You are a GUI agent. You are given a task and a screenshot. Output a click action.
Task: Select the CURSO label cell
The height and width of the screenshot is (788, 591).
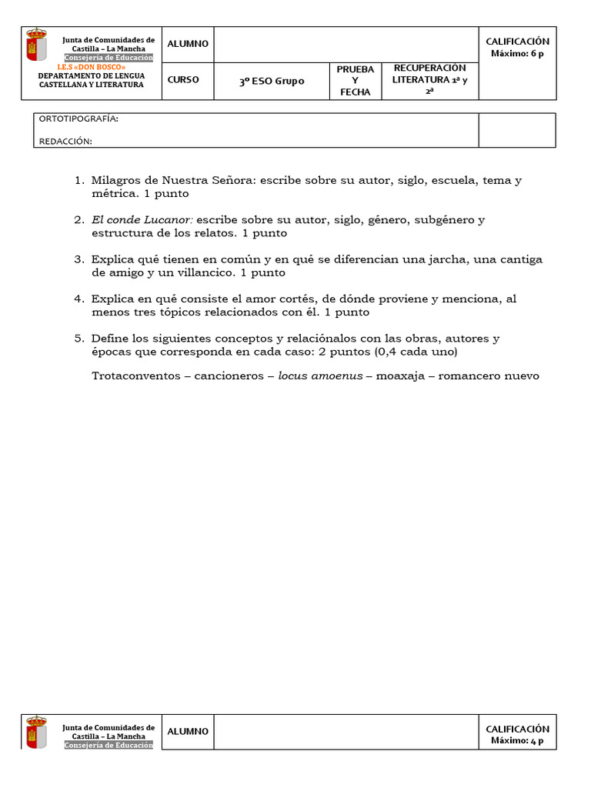[x=183, y=79]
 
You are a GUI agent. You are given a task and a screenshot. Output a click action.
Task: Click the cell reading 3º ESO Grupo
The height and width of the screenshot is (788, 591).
[x=271, y=81]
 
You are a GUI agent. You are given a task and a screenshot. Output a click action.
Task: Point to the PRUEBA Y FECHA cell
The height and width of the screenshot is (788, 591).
[x=355, y=81]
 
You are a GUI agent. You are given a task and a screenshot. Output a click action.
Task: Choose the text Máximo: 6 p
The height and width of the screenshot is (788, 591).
[x=517, y=53]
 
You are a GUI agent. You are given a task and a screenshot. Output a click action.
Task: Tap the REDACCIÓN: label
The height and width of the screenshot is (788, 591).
[x=65, y=141]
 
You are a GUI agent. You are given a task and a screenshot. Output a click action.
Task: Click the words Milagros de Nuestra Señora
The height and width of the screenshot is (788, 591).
[x=174, y=180]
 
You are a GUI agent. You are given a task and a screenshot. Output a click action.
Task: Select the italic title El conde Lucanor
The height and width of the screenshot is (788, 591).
[x=142, y=220]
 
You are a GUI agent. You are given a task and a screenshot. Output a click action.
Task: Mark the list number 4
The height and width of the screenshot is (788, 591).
[x=78, y=299]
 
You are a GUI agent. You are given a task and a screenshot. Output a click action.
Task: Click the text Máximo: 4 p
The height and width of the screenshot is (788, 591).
[x=517, y=740]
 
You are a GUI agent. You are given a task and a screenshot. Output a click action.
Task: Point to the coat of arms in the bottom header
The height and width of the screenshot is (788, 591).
[x=36, y=732]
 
